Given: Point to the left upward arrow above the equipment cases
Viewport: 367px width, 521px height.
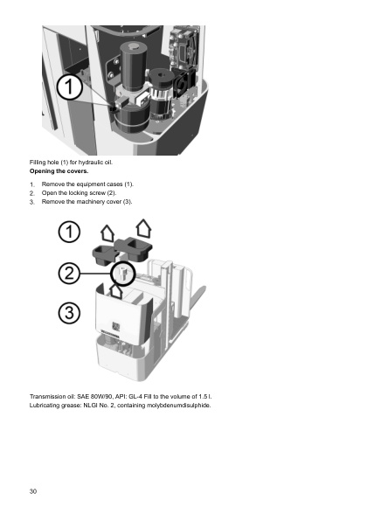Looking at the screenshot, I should tap(107, 232).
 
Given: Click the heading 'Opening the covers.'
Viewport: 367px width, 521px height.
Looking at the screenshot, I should tap(59, 172).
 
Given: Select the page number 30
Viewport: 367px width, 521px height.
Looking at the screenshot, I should tap(33, 492).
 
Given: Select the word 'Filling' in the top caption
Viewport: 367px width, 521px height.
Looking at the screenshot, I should tap(39, 163).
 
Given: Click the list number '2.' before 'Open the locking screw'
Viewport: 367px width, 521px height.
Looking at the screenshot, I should tap(32, 193).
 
